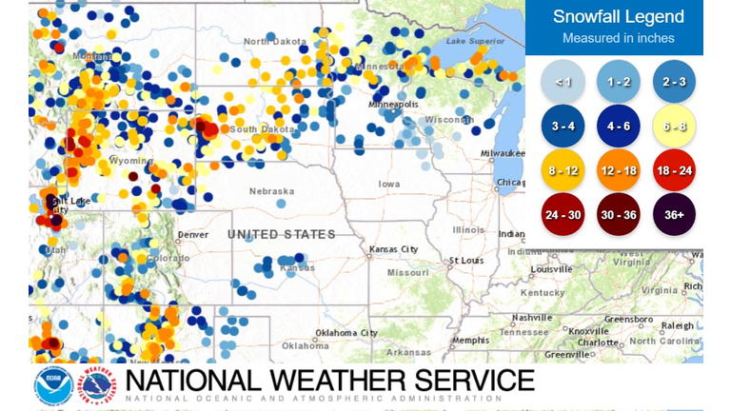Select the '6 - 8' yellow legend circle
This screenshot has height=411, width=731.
point(675,127)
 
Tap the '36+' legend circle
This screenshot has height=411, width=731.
point(675,216)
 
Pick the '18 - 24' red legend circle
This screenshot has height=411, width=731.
point(675,171)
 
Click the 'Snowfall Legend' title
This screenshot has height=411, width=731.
point(618,17)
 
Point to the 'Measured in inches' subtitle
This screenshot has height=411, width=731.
point(618,38)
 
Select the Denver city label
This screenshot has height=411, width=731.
point(192,234)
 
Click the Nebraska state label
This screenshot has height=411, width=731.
point(271,191)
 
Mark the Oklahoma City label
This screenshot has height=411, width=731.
point(348,333)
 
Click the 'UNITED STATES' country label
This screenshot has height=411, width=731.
point(281,234)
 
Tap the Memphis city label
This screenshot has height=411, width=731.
point(470,340)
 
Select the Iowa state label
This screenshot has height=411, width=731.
point(389,184)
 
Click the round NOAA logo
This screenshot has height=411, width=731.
point(53,385)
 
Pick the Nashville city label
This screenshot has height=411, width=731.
point(532,317)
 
